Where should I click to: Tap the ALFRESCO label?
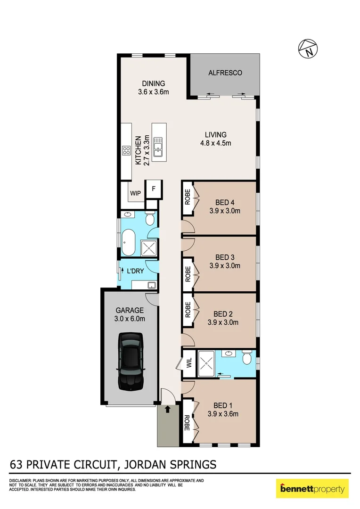coord(225,73)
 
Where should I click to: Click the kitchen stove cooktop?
coord(126,151)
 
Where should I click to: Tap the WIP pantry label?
coord(135,193)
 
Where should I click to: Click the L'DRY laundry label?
coord(135,271)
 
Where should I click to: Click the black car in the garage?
coord(131,361)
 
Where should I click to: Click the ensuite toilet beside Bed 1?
coord(245,360)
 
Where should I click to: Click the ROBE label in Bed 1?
coord(187,423)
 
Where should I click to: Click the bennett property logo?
coord(312,489)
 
